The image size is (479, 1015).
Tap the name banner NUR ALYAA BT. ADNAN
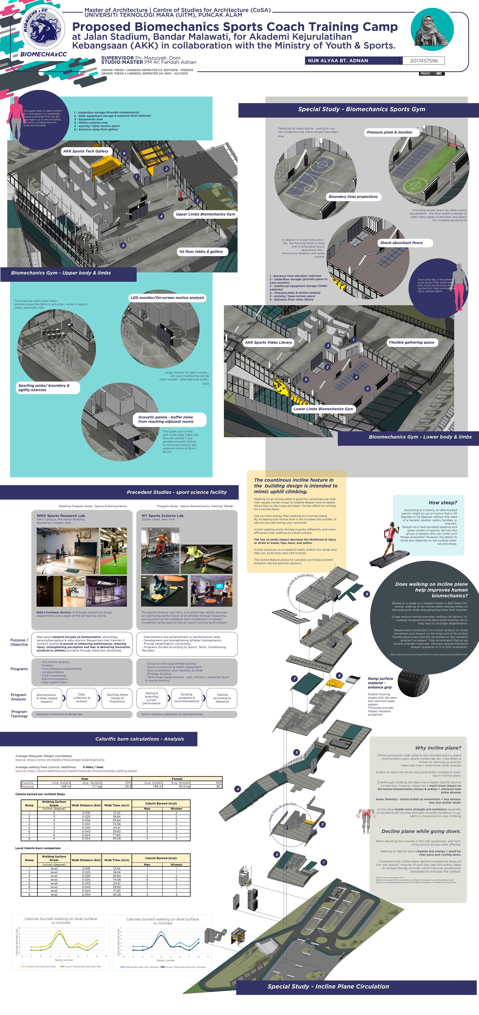(338, 61)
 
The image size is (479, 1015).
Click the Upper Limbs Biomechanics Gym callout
(205, 214)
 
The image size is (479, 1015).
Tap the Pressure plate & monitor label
(390, 132)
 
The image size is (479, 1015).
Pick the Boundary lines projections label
(353, 197)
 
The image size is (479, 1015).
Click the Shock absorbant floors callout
(401, 243)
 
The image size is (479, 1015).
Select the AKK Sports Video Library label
(268, 342)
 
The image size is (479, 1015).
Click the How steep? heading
(442, 503)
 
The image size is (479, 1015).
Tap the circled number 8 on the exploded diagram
(367, 594)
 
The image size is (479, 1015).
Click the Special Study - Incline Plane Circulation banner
(328, 986)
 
